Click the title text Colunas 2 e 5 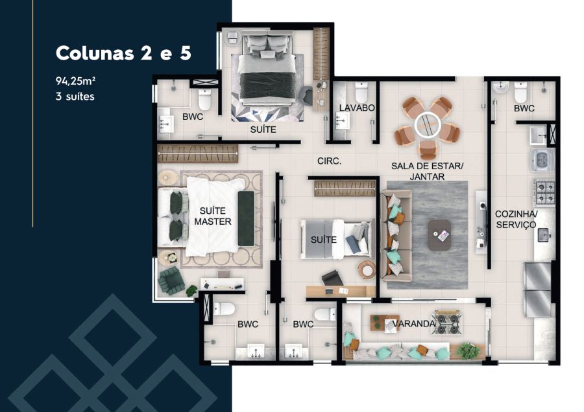(123, 53)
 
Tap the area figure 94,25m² (74, 81)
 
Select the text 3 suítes (75, 97)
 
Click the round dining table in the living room (427, 124)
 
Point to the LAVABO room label (357, 108)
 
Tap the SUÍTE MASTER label (213, 216)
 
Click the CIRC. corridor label (329, 161)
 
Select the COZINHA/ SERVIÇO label (516, 220)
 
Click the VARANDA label (414, 323)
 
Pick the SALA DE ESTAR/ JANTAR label (427, 171)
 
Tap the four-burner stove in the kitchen (544, 192)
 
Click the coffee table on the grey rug (439, 235)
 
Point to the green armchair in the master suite (171, 280)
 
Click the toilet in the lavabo (361, 91)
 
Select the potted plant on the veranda (468, 350)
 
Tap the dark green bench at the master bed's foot (246, 218)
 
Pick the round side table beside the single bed (367, 269)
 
